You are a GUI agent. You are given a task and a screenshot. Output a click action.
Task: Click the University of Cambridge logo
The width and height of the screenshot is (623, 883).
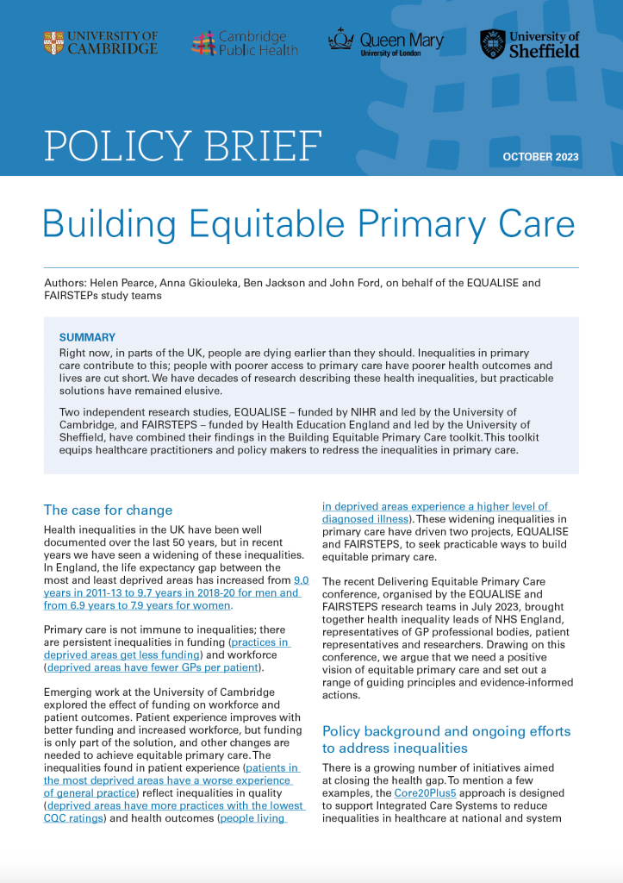click(101, 43)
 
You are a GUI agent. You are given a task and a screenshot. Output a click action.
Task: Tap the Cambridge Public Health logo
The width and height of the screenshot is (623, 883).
click(244, 43)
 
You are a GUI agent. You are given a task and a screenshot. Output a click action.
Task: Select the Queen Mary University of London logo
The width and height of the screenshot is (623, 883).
click(385, 43)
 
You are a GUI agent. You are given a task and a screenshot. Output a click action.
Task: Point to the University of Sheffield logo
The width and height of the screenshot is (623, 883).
click(529, 43)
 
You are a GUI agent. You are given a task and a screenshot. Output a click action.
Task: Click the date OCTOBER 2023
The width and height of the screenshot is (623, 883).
click(540, 158)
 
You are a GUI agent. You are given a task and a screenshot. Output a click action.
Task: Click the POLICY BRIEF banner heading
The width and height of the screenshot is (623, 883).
click(183, 146)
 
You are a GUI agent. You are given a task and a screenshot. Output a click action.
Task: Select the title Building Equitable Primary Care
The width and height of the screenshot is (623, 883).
click(308, 223)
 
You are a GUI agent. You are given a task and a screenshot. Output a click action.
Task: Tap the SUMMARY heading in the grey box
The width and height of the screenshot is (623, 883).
click(87, 337)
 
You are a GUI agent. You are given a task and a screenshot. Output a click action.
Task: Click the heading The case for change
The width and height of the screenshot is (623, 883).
click(108, 510)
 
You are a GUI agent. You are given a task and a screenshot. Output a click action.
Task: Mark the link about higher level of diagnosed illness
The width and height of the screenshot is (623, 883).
click(435, 507)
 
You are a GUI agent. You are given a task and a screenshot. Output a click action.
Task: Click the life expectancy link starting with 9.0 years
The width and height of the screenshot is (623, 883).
click(172, 592)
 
